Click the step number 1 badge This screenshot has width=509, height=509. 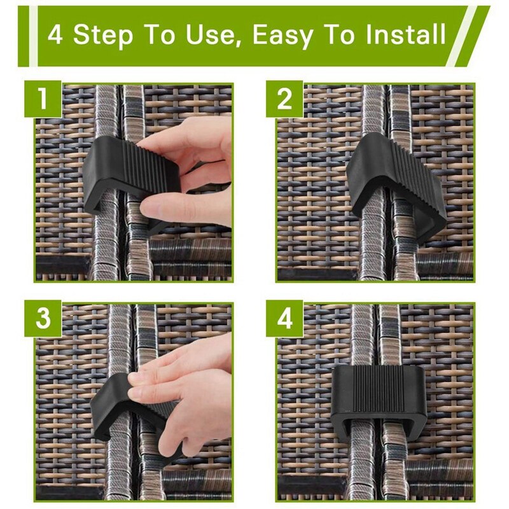pos(43,99)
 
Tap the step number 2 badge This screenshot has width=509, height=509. pos(284,99)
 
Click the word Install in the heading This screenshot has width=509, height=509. pos(401,34)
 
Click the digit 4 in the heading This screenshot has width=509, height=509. pos(55,34)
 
